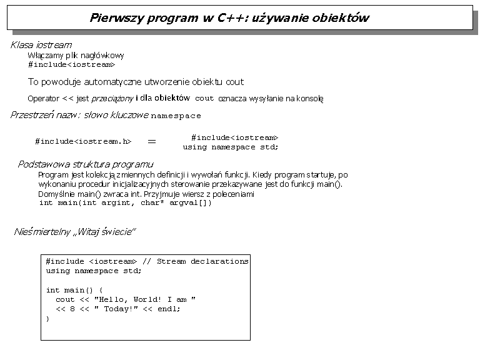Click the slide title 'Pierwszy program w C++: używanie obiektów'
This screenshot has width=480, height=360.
pos(229,17)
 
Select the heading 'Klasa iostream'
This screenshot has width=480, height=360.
pos(41,45)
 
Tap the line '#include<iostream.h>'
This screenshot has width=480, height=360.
pos(83,141)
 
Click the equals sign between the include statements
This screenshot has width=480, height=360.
pos(151,142)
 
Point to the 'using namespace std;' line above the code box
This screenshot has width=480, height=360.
pos(231,147)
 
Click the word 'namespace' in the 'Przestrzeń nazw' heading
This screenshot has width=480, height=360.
pos(176,116)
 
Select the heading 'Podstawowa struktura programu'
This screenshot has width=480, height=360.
pos(86,164)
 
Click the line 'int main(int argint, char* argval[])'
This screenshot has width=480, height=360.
pos(125,203)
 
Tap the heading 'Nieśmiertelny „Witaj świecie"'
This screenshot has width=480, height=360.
pos(75,232)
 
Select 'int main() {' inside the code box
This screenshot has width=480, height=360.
pos(74,290)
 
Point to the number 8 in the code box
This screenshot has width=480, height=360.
pos(72,309)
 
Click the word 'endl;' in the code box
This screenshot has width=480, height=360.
pos(169,309)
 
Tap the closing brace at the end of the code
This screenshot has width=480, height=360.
pos(48,319)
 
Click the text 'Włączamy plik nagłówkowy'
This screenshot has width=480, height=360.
pos(76,56)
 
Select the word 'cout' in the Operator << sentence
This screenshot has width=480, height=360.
pos(204,99)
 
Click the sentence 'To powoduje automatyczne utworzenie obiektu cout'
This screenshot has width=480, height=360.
pos(136,82)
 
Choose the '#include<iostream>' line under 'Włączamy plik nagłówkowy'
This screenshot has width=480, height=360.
pos(71,64)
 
